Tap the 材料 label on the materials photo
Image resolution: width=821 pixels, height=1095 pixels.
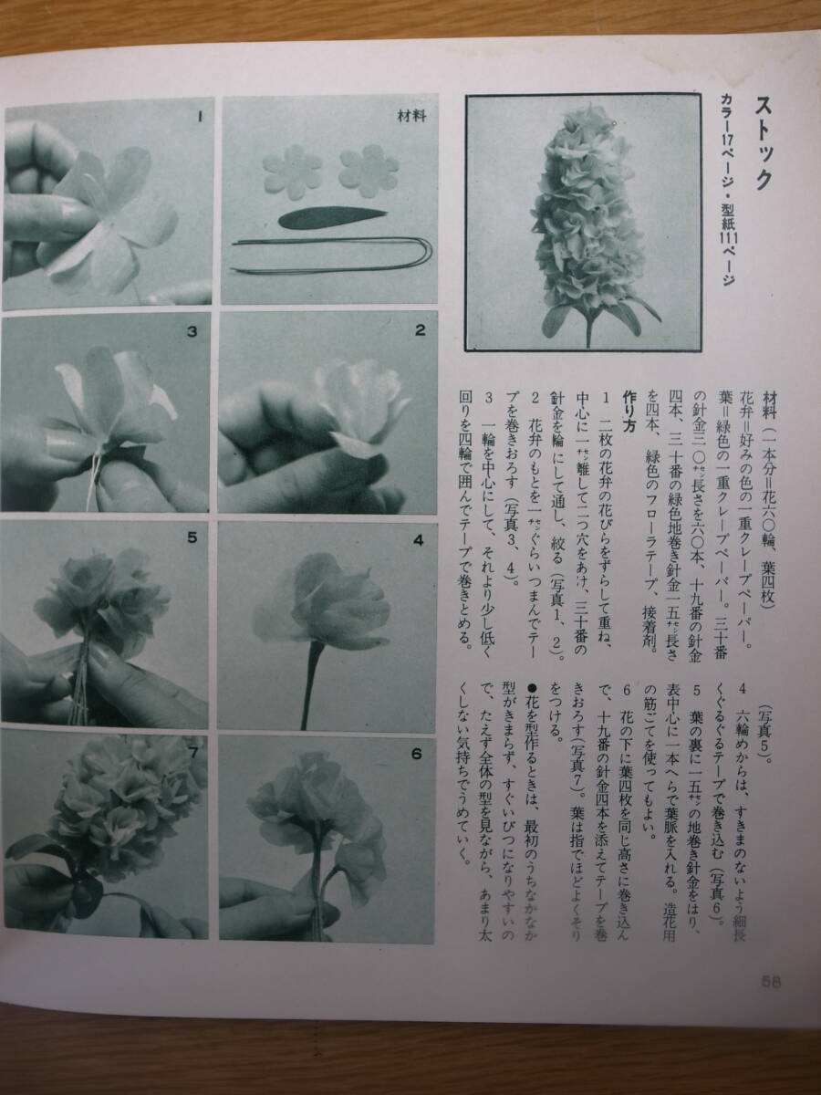coord(411,116)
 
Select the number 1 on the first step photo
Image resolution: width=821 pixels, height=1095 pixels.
coord(199,117)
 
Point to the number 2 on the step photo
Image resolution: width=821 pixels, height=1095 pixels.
coord(421,329)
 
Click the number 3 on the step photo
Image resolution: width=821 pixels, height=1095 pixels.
coord(192,331)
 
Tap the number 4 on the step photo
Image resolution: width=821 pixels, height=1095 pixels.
coord(418,540)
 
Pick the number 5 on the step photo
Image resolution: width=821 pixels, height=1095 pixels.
coord(192,537)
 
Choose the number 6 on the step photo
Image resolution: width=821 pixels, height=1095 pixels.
coord(417,755)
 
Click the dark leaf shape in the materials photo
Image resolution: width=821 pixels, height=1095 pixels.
coord(331,217)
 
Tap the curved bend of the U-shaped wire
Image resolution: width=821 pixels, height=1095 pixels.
coord(427,255)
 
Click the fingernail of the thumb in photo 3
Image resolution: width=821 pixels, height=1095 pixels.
coord(57,439)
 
